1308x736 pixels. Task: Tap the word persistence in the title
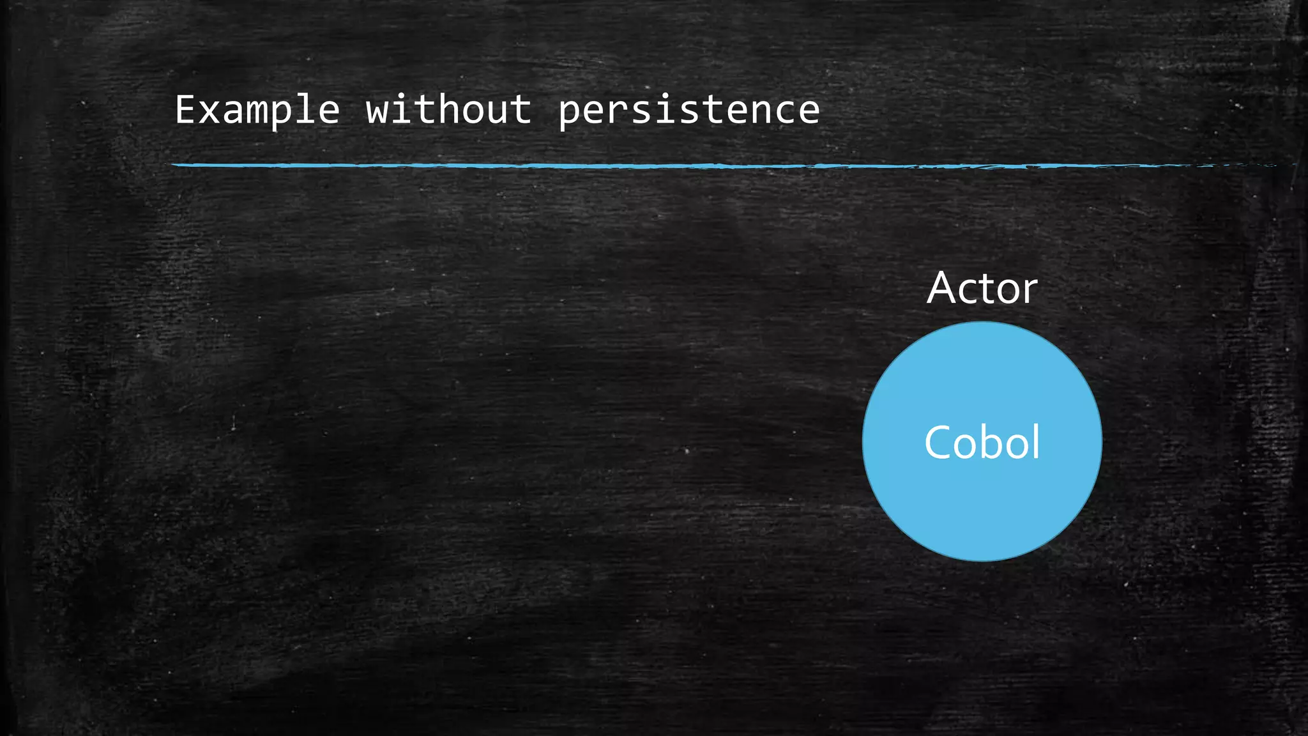(688, 110)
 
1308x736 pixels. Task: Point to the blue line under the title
(575, 165)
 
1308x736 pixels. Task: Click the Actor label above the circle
(982, 288)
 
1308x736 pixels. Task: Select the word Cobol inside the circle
(982, 442)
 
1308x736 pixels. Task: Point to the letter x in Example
(209, 111)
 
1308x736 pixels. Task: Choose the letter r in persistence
(618, 111)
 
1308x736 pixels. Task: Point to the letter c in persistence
(785, 111)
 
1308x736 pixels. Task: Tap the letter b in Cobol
(1001, 441)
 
